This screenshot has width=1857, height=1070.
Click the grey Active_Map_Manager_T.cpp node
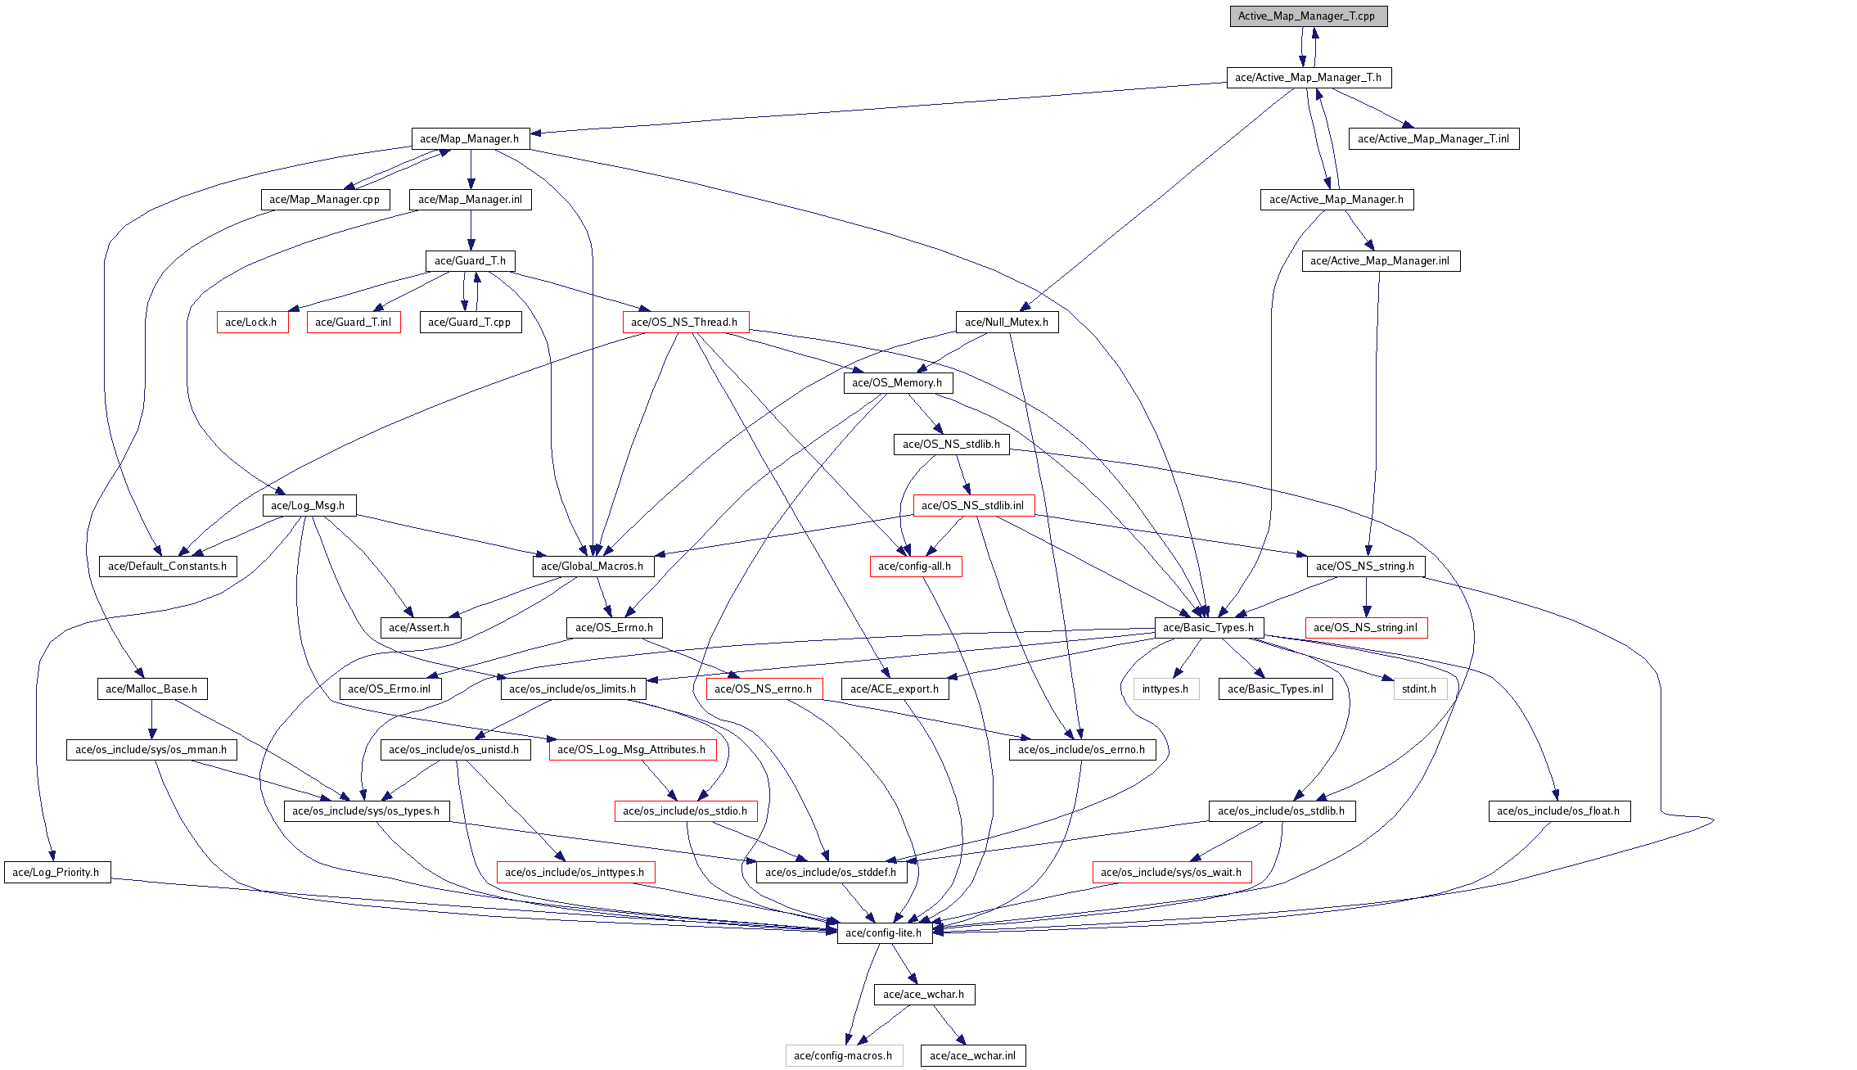(1308, 16)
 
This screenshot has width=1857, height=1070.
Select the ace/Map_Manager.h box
(470, 139)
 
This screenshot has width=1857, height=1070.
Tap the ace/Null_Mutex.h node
(1007, 323)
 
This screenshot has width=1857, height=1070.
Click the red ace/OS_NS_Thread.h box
(685, 323)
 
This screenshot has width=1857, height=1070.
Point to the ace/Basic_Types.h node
(1208, 628)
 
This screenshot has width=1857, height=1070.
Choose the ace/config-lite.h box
(884, 933)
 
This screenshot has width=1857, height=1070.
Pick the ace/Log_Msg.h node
(309, 506)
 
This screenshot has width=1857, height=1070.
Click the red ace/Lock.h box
(252, 323)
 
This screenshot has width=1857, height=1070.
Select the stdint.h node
(1419, 689)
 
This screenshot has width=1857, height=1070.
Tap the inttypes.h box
(1165, 689)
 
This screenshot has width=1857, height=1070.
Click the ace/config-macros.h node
(843, 1056)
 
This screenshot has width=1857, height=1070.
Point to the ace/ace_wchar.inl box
(972, 1056)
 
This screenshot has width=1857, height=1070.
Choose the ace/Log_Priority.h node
(56, 873)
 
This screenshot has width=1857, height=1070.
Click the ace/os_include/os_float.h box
(1558, 811)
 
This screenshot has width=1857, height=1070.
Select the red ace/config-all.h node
(915, 567)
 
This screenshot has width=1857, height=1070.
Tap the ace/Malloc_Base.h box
(151, 689)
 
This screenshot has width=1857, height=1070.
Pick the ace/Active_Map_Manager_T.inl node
(1433, 139)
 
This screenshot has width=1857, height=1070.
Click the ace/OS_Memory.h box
(897, 383)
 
